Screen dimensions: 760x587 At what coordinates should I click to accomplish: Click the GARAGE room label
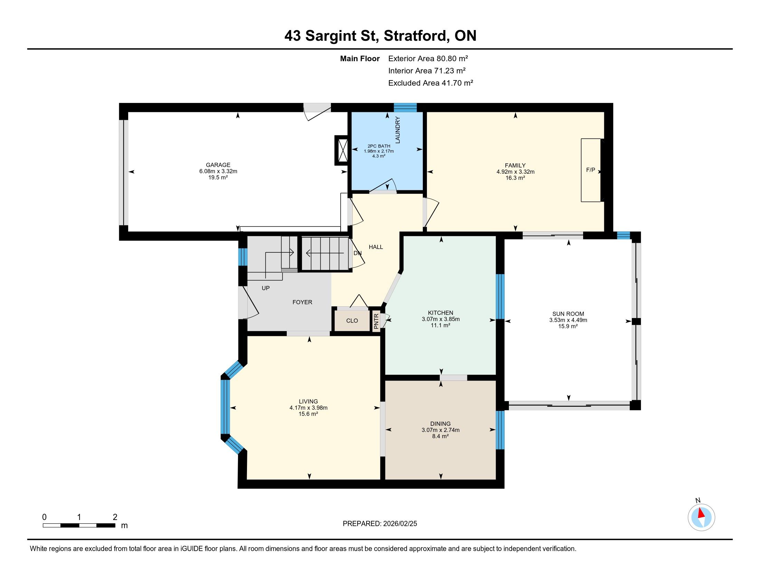pyautogui.click(x=218, y=165)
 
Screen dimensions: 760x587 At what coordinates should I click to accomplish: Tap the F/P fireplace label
pyautogui.click(x=590, y=170)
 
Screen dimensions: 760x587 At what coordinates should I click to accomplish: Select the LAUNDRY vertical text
pyautogui.click(x=398, y=130)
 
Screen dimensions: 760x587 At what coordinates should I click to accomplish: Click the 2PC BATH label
pyautogui.click(x=379, y=146)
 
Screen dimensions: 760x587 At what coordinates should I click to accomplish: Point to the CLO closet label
pyautogui.click(x=352, y=321)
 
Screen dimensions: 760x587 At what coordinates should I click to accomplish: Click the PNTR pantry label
pyautogui.click(x=376, y=322)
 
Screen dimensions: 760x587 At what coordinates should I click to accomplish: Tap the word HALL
pyautogui.click(x=376, y=247)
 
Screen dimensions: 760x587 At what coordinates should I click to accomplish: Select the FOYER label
pyautogui.click(x=302, y=302)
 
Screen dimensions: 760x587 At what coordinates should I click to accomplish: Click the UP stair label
pyautogui.click(x=266, y=288)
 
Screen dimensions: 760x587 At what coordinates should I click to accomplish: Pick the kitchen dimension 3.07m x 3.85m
pyautogui.click(x=440, y=319)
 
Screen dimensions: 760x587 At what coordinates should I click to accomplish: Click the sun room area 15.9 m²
pyautogui.click(x=568, y=326)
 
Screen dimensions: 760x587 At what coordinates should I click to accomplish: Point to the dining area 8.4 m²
pyautogui.click(x=440, y=436)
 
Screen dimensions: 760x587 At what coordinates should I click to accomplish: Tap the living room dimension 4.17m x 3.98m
pyautogui.click(x=308, y=407)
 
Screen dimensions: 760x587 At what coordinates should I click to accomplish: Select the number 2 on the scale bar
pyautogui.click(x=115, y=517)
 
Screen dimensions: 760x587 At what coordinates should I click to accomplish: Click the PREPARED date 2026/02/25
pyautogui.click(x=399, y=524)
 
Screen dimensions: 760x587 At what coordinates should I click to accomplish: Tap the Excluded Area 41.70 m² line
pyautogui.click(x=430, y=83)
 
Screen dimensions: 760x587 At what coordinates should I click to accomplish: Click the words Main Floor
pyautogui.click(x=360, y=58)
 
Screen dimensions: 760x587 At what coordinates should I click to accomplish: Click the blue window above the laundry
pyautogui.click(x=406, y=107)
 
